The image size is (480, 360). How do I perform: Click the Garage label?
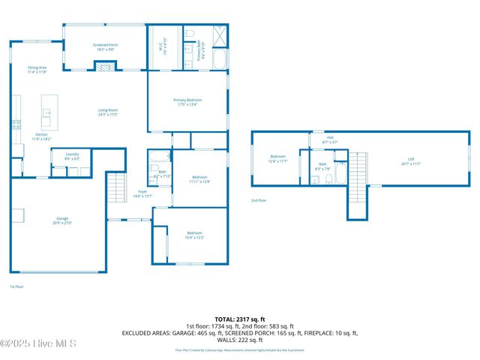pos(61,221)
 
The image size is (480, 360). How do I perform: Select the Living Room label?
pos(108,112)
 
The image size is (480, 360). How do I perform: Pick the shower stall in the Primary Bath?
pos(220,37)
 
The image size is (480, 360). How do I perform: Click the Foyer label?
pos(142,193)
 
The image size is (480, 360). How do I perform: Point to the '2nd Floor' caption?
pos(258,200)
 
